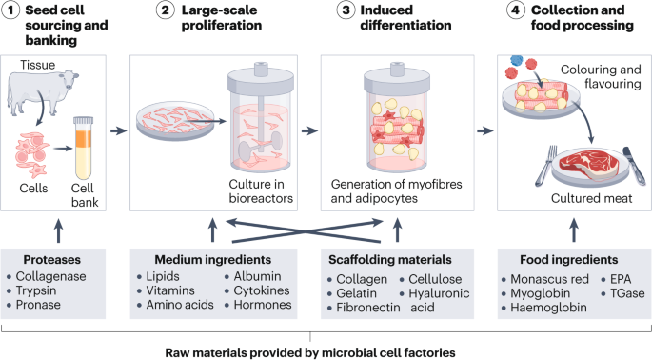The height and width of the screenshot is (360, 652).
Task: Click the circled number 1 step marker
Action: click(12, 12)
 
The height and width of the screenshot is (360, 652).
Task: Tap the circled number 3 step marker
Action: click(330, 12)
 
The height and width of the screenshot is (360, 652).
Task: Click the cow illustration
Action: click(38, 101)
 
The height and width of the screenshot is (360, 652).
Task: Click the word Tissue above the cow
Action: click(39, 66)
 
